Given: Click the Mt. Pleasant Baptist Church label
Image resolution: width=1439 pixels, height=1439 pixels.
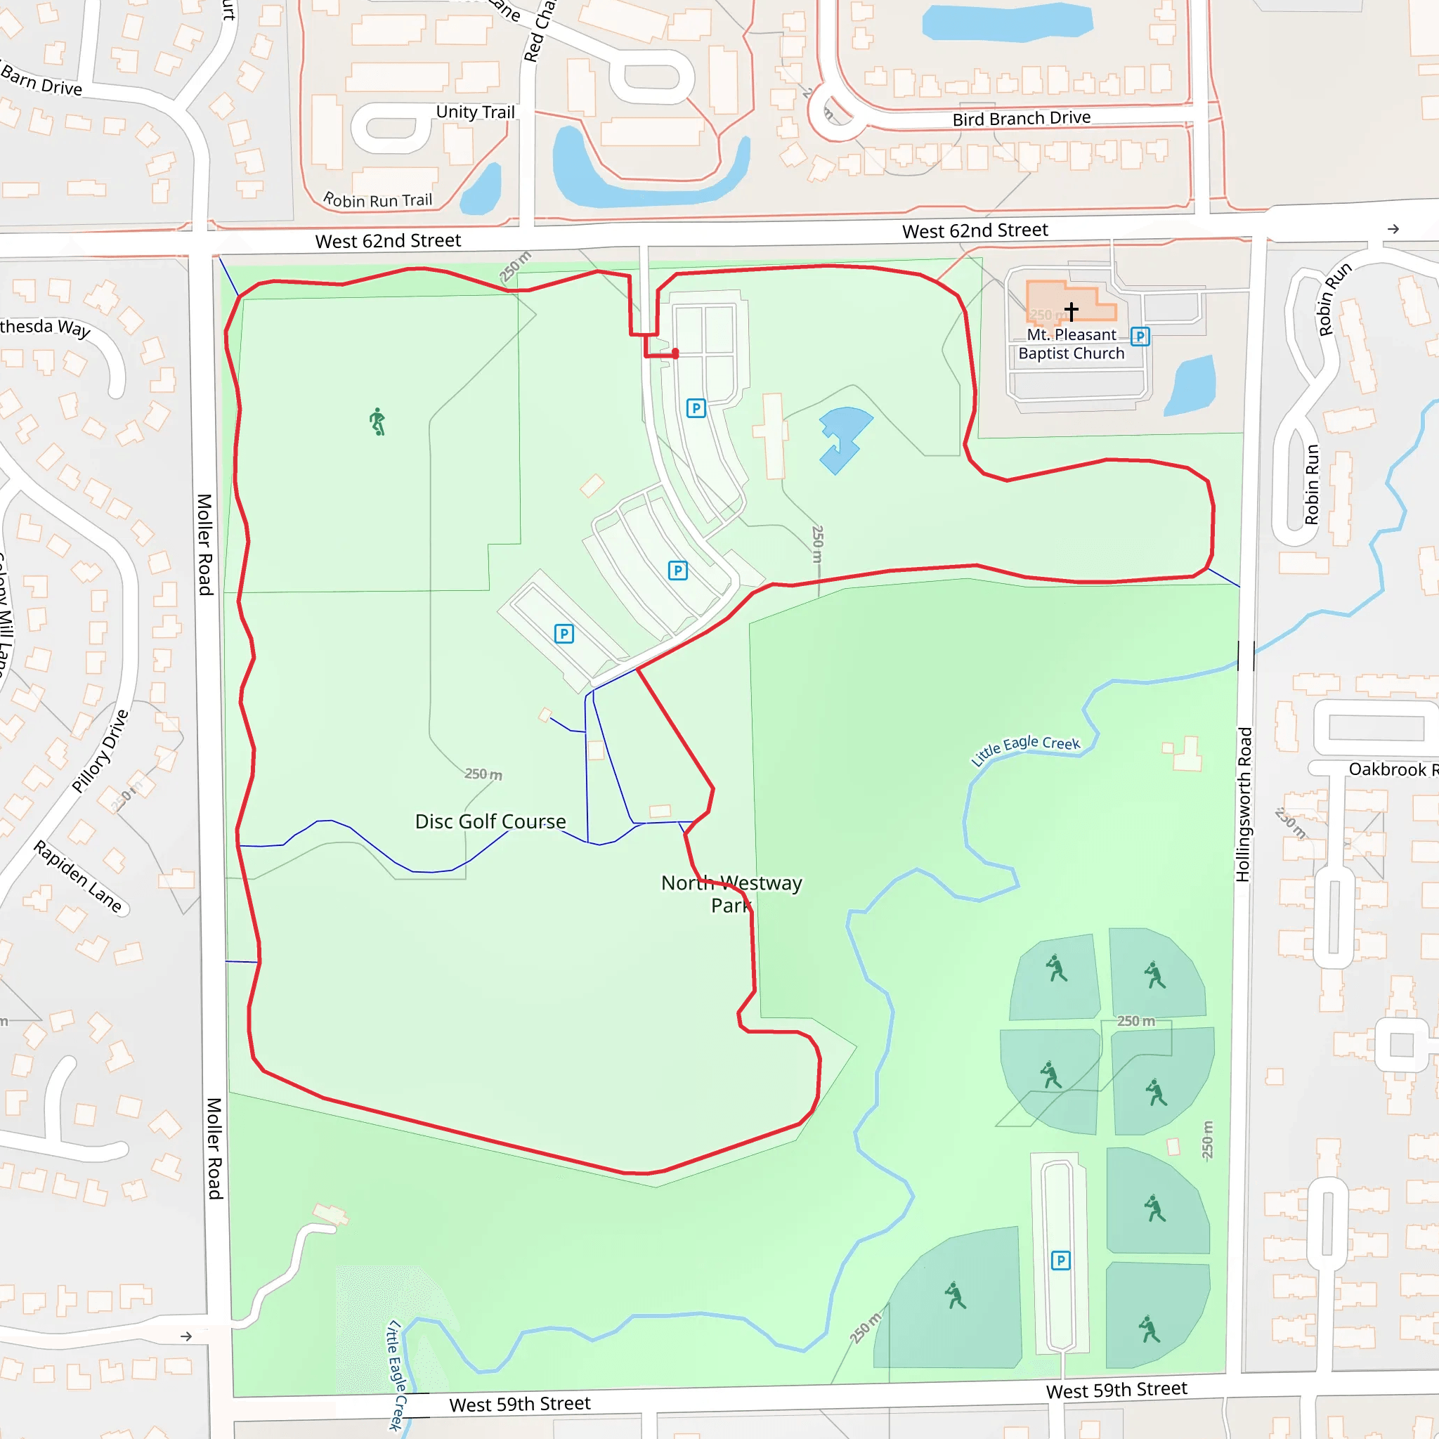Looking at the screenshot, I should click(1071, 344).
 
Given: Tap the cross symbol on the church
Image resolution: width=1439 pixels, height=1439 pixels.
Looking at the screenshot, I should click(1071, 310).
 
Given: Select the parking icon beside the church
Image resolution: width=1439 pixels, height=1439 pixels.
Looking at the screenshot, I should click(1140, 337).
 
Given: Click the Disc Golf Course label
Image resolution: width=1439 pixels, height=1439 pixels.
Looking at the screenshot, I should click(490, 821).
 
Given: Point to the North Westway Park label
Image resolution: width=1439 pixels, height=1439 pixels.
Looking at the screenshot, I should click(731, 894).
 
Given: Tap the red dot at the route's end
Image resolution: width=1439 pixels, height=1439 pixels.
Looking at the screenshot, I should click(675, 354).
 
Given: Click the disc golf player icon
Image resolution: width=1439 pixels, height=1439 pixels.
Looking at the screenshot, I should click(377, 422).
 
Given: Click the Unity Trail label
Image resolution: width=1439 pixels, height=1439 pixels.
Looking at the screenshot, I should click(475, 112).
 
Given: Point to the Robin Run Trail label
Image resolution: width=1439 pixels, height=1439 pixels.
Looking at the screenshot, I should click(377, 200).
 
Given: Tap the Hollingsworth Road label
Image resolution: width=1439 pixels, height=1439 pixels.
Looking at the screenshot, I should click(1243, 805).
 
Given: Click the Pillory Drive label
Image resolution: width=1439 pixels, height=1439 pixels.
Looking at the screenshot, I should click(100, 751).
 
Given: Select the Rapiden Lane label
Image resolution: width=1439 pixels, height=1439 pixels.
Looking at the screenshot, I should click(78, 876).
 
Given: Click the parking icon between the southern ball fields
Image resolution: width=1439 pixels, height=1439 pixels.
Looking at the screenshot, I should click(1060, 1261).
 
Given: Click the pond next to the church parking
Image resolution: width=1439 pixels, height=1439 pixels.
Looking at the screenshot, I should click(1191, 385).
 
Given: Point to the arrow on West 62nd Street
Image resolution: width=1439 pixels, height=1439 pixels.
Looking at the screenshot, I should click(1393, 228).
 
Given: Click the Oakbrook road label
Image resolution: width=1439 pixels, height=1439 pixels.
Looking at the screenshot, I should click(1391, 769).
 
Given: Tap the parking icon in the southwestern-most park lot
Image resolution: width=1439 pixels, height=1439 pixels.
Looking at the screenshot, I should click(564, 634).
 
